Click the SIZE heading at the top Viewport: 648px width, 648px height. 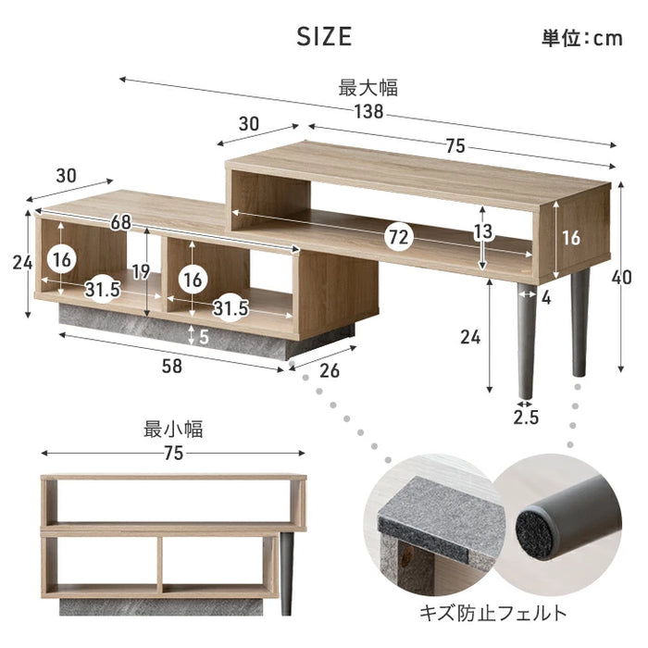[x=324, y=36]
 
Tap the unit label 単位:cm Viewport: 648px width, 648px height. [x=582, y=38]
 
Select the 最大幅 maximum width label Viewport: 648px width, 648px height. [x=368, y=88]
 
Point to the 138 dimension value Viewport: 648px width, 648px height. [x=368, y=112]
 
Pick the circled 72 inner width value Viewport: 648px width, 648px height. [x=397, y=238]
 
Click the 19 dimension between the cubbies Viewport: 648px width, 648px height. [x=142, y=271]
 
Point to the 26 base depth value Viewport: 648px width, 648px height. [x=330, y=370]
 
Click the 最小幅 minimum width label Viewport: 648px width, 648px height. [x=173, y=430]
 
